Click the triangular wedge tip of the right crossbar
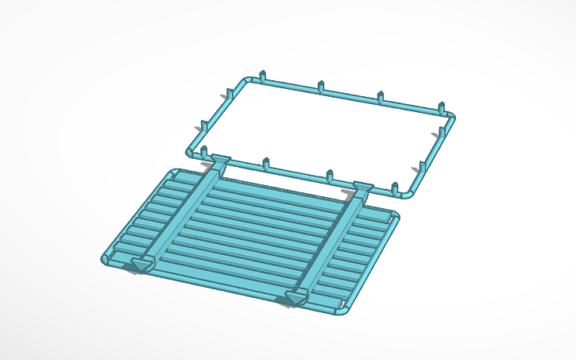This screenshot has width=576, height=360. pos(296,300)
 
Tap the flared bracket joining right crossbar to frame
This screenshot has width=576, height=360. pos(362,188)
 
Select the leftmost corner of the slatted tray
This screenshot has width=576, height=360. pos(106,259)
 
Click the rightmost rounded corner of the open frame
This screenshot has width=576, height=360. pos(450,117)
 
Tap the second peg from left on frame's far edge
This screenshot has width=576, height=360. pos(320,85)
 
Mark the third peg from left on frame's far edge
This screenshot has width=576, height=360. pos(381,96)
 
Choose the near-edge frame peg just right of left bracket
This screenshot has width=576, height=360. pos(266,164)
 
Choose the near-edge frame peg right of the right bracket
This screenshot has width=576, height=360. pos(394,188)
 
